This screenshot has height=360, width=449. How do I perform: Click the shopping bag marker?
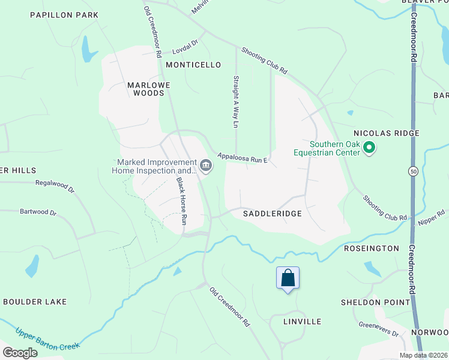tap(288, 278)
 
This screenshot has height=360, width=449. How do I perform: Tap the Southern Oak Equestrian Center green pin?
tap(370, 147)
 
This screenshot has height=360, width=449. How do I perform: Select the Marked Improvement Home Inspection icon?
tap(206, 164)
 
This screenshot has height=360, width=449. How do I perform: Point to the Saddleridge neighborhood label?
tap(272, 213)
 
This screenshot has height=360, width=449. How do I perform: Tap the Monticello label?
tap(193, 65)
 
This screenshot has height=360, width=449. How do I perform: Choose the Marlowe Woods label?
tap(145, 89)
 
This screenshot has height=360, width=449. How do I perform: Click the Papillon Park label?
tap(64, 14)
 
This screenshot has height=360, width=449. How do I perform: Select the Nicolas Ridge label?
tap(386, 133)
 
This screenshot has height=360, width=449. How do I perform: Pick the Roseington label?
tap(371, 248)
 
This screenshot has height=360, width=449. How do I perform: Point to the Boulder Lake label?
tap(35, 301)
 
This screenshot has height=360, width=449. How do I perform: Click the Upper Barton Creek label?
tap(47, 340)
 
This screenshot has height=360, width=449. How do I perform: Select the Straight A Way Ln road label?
tap(236, 101)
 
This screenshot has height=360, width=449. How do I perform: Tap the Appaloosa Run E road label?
tap(242, 157)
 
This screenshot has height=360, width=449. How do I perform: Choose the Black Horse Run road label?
tap(181, 200)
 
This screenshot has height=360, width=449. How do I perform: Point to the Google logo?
tap(20, 353)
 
